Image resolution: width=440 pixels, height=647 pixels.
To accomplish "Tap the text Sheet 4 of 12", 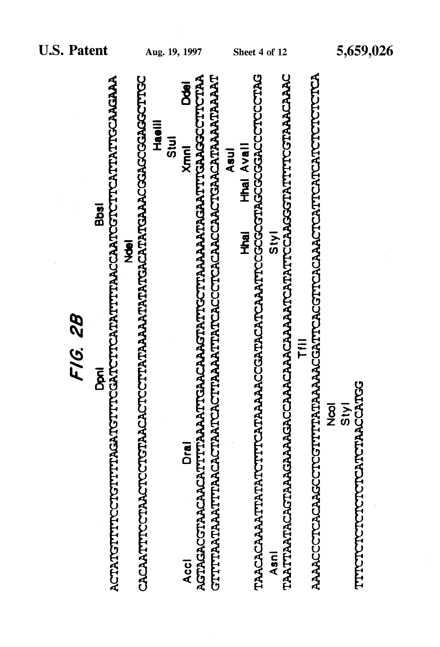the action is (260, 52).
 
